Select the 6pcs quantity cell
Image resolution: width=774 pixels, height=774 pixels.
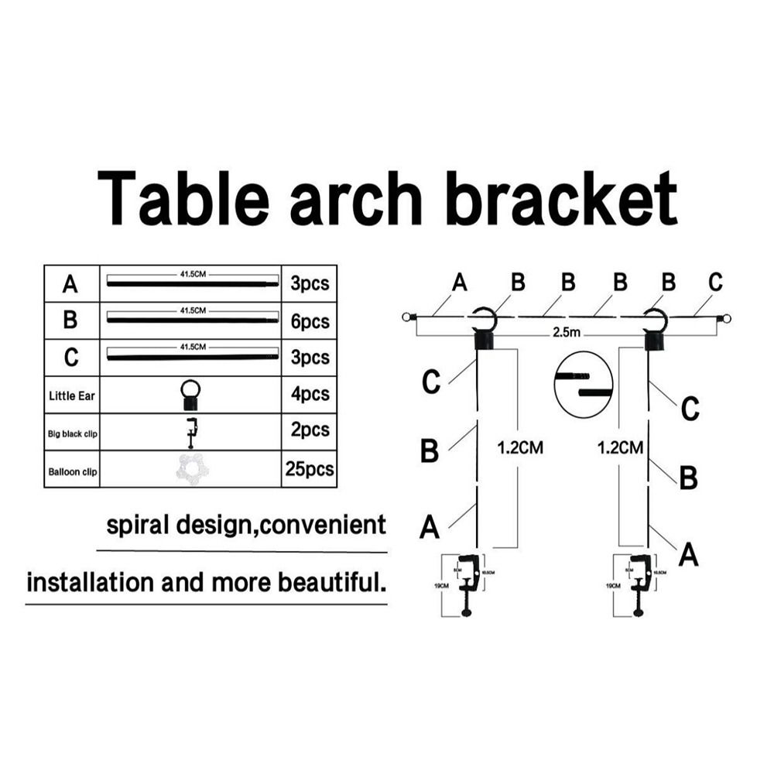pos(310,321)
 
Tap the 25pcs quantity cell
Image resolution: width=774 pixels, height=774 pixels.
pos(310,469)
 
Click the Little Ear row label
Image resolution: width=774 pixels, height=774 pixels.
pos(72,396)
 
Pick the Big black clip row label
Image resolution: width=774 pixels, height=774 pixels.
pos(72,432)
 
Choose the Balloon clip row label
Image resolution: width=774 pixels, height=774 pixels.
pos(72,471)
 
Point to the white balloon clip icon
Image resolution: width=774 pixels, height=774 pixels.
pos(190,469)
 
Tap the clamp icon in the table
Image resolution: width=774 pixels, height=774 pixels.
pos(190,432)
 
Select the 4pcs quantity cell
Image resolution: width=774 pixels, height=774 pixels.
pos(310,395)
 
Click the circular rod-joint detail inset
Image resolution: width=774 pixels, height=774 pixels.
pos(584,383)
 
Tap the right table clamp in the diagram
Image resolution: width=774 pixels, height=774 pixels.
pos(640,584)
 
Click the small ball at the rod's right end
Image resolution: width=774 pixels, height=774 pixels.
pos(726,317)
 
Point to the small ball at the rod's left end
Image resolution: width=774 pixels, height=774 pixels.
pos(406,317)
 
